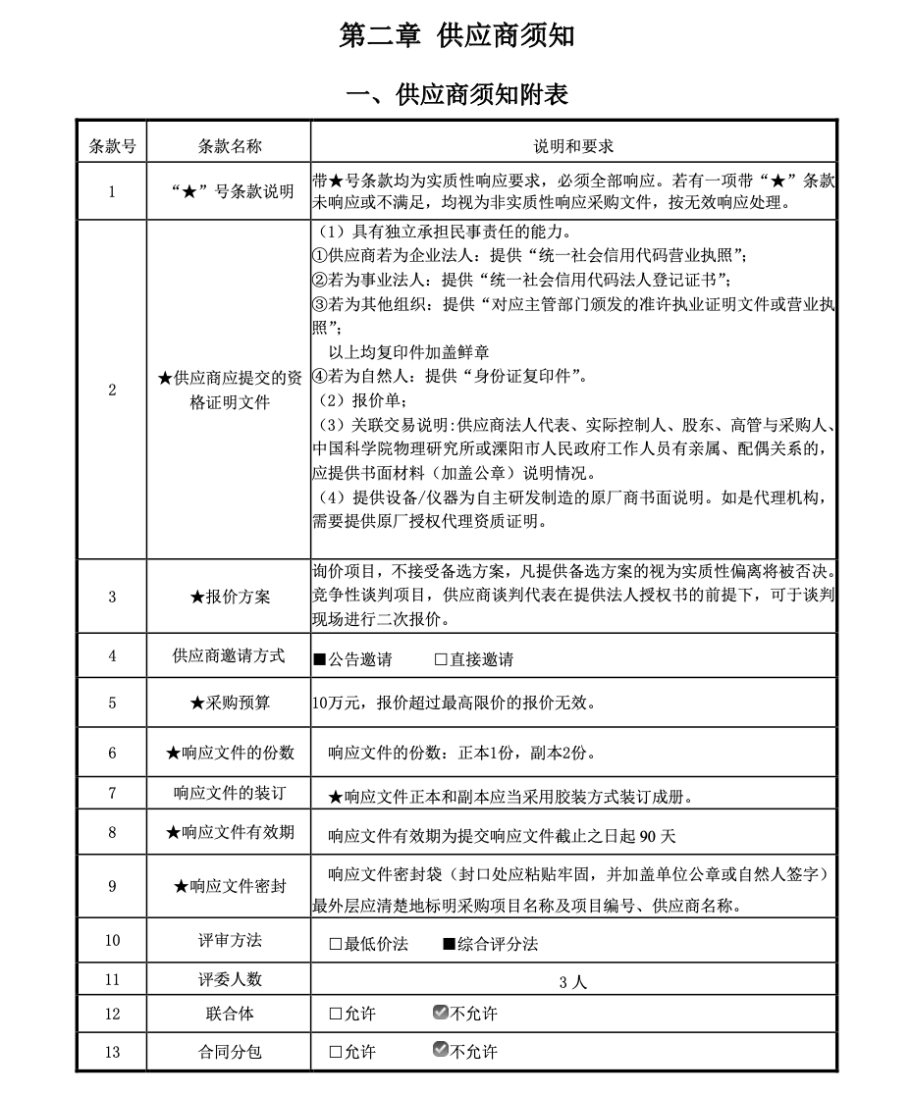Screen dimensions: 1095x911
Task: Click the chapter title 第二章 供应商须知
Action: coord(456,36)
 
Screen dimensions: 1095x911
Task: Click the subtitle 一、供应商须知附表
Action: coord(457,94)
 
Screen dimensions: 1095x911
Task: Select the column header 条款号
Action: coord(112,146)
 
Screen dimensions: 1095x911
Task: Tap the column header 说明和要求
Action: coord(573,146)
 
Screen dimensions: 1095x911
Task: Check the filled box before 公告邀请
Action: coord(319,659)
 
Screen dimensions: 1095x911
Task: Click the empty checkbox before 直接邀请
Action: coord(441,659)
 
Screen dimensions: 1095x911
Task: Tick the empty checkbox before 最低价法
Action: coord(336,944)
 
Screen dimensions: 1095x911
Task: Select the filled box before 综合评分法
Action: coord(449,944)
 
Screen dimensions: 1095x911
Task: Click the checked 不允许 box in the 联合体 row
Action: coord(441,1013)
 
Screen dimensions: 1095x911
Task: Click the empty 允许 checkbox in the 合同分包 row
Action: coord(336,1052)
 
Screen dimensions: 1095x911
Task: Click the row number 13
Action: coord(112,1052)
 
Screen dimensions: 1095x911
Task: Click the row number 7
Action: coord(112,793)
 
